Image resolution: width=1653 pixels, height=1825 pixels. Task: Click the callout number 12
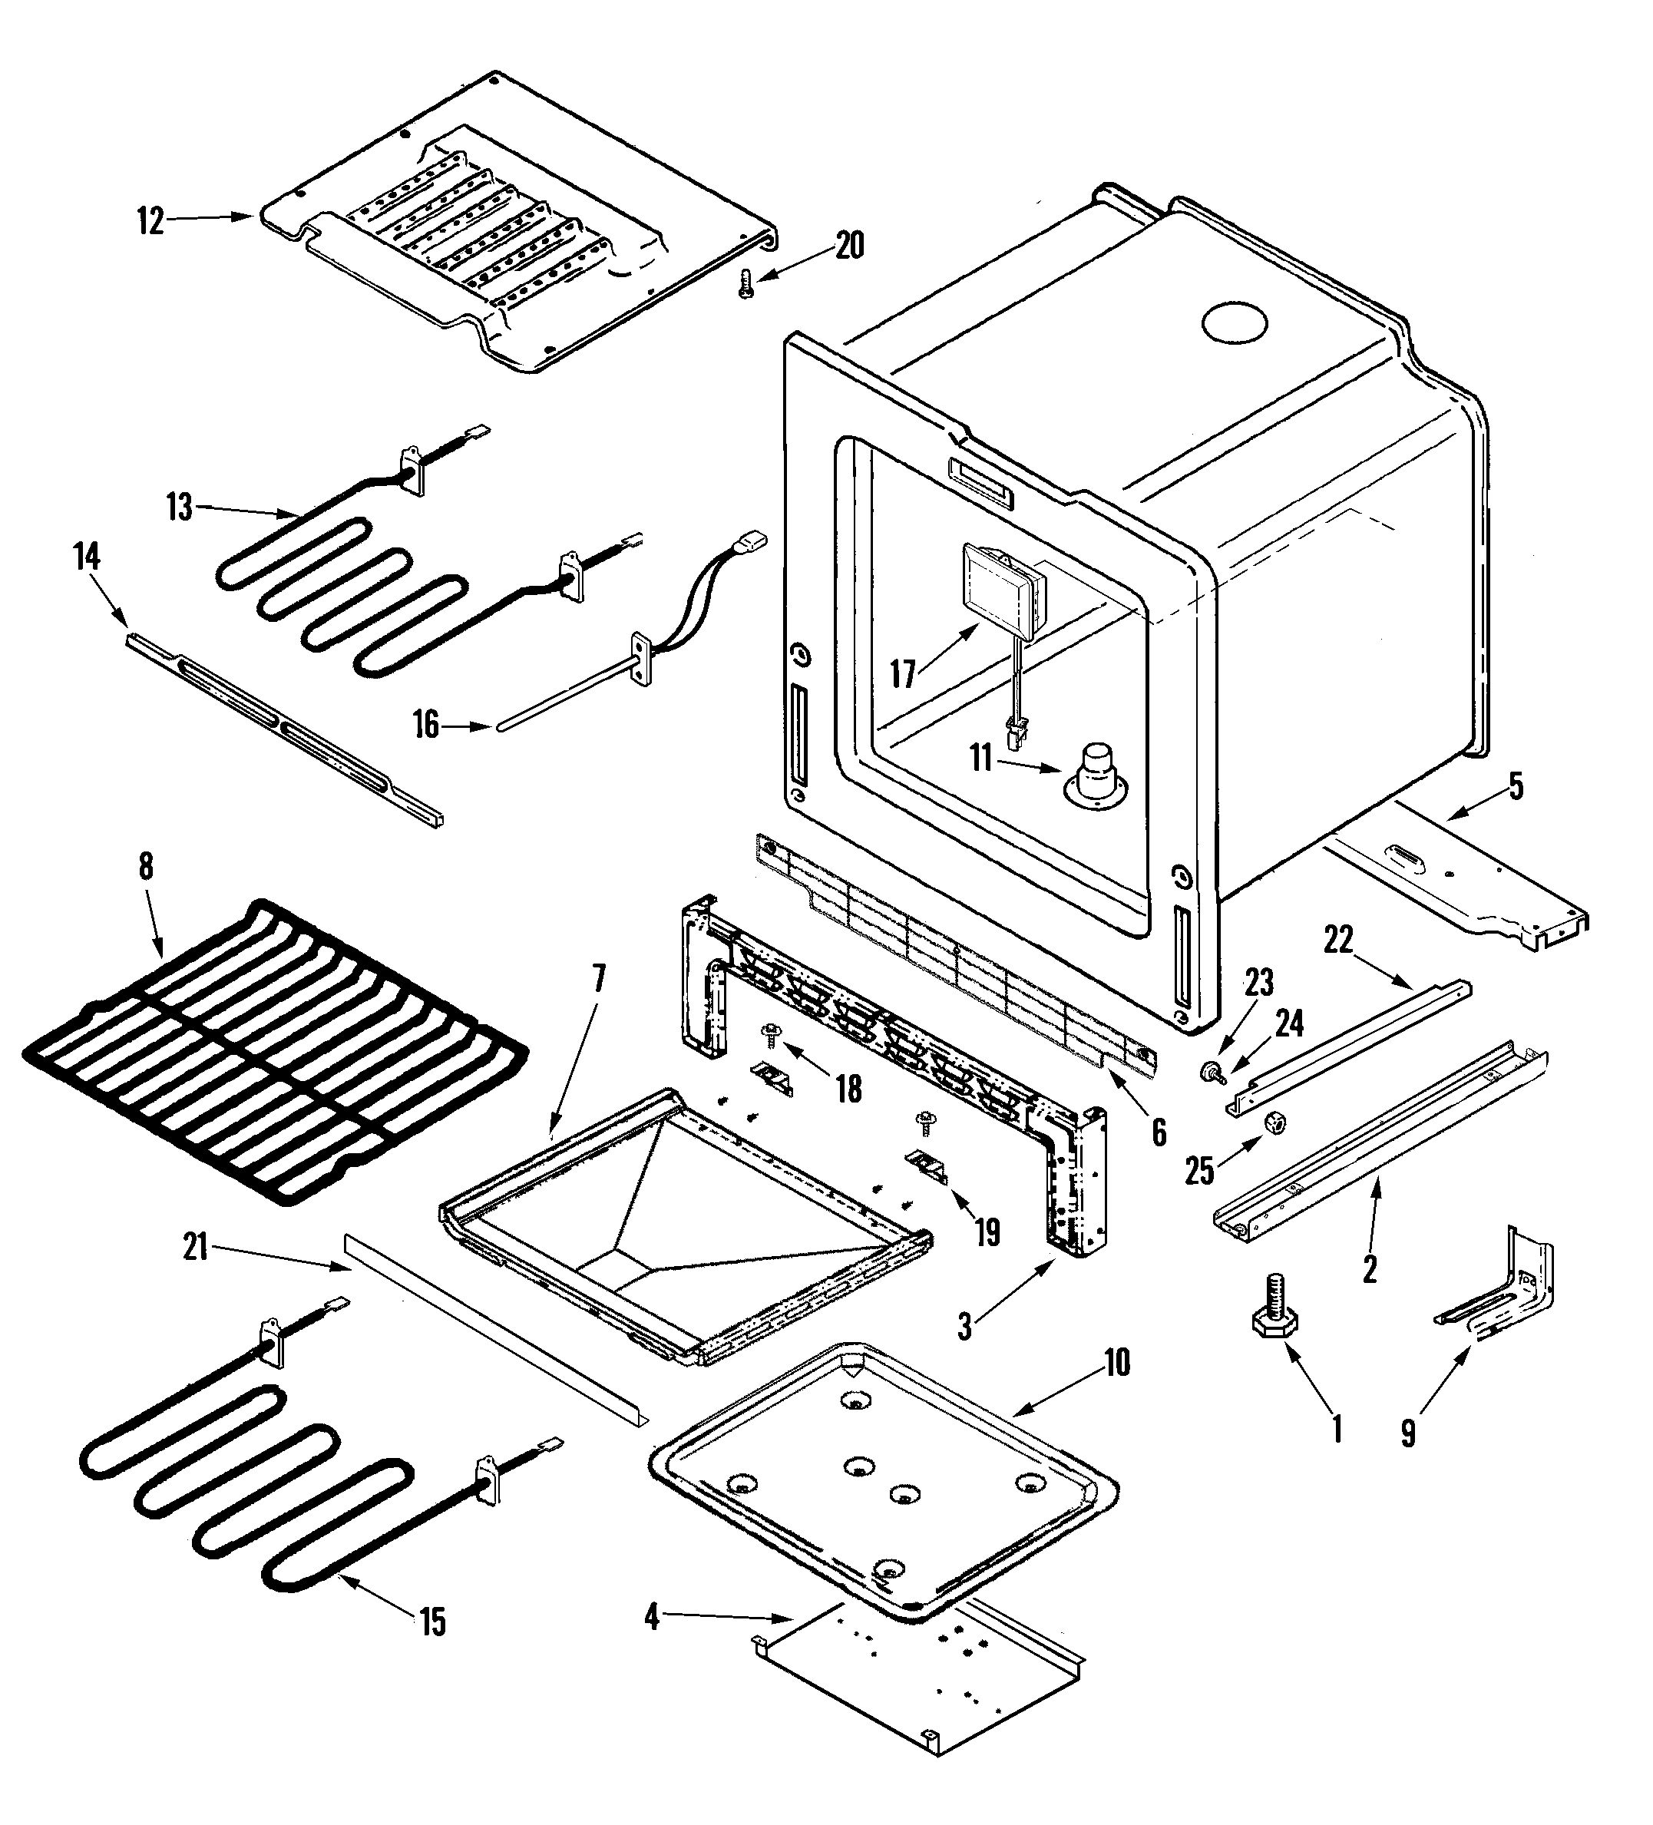tap(151, 220)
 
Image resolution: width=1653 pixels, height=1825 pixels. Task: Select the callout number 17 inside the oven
tap(903, 673)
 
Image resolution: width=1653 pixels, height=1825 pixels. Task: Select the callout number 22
tap(1338, 941)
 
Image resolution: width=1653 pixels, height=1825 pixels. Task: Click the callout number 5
tap(1516, 785)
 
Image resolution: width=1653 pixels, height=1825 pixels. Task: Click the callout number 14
tap(87, 557)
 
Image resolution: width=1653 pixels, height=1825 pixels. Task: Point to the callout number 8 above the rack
tap(146, 866)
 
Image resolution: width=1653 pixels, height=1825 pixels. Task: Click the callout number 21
tap(196, 1248)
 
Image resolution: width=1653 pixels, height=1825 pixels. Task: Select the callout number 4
tap(652, 1617)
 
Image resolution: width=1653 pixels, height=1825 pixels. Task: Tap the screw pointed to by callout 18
tap(772, 1033)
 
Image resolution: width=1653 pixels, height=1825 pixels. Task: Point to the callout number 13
tap(179, 507)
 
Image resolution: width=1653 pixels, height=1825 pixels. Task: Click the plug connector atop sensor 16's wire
tap(752, 541)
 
